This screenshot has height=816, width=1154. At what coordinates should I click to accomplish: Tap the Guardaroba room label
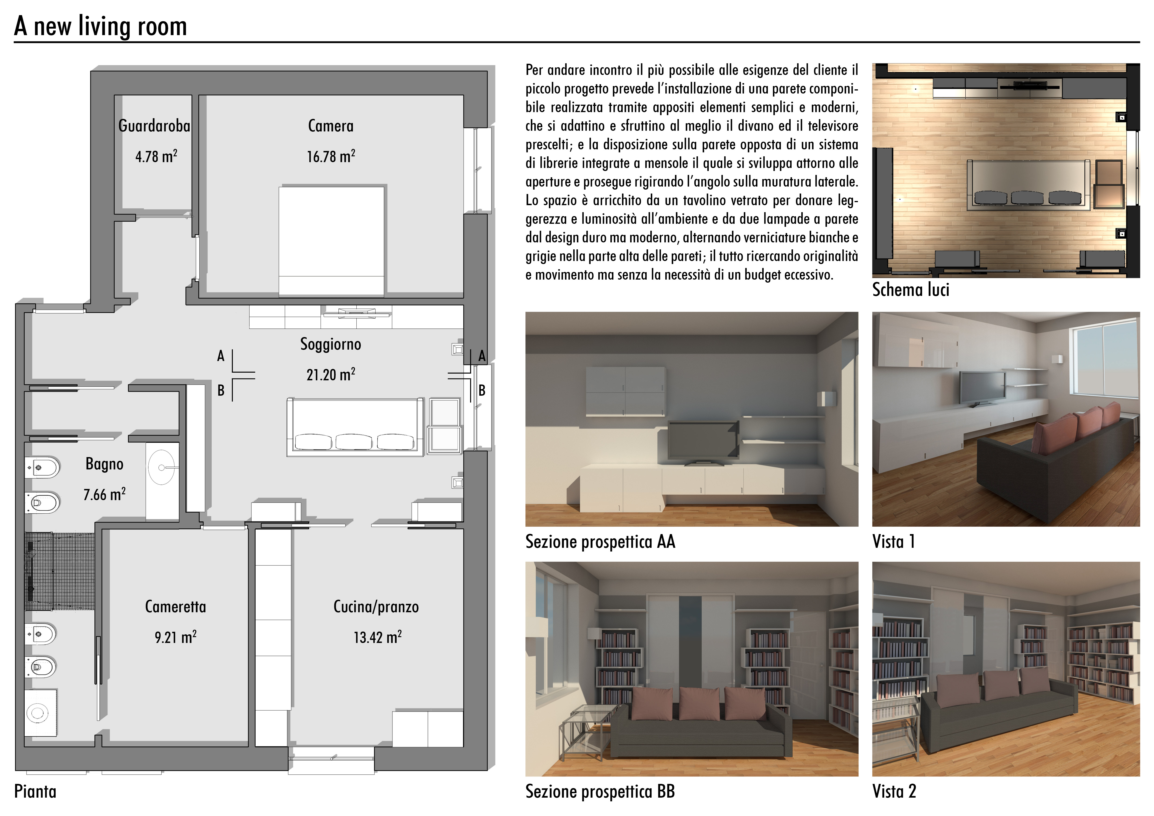tap(154, 126)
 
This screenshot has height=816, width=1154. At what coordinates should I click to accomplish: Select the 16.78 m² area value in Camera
tap(331, 156)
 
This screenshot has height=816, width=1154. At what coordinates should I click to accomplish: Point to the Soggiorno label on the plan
tap(331, 344)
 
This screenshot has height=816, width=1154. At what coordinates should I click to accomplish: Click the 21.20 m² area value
tap(331, 374)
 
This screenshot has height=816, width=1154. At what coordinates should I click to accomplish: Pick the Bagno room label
tap(104, 464)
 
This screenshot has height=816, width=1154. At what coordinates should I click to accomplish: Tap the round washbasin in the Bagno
tap(162, 467)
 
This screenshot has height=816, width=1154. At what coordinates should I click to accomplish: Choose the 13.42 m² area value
tap(378, 637)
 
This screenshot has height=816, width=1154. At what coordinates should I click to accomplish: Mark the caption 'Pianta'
tap(35, 791)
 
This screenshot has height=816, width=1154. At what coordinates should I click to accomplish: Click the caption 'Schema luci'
tap(911, 290)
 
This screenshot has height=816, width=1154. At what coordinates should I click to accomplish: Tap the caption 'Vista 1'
tap(894, 542)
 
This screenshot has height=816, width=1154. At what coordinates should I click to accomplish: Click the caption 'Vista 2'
tap(894, 791)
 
